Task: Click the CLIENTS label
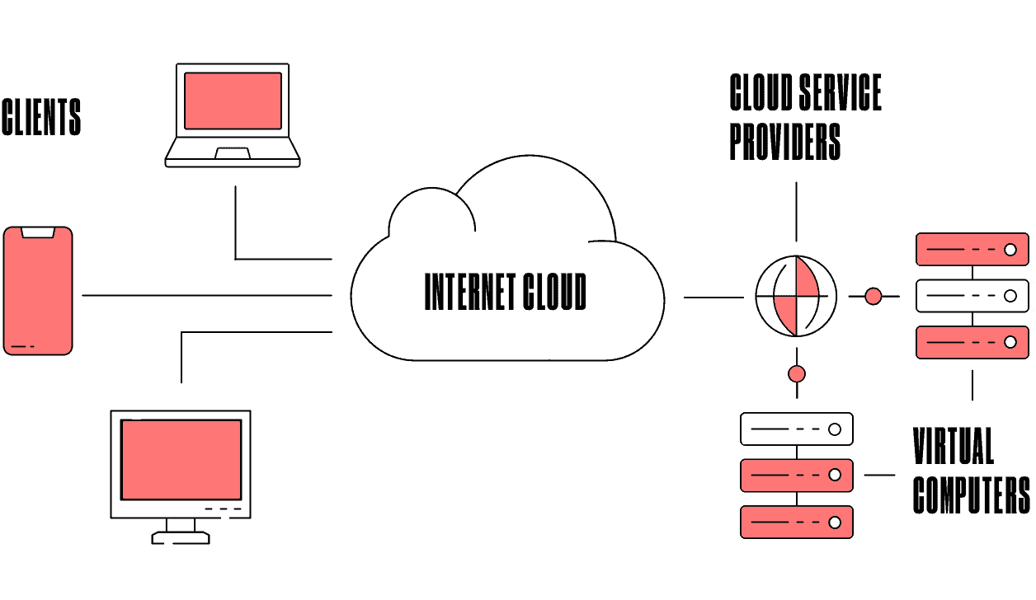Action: (41, 117)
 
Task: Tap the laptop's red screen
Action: (233, 101)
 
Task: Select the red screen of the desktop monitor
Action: (181, 460)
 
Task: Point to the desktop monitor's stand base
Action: (181, 537)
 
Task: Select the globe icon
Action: (796, 295)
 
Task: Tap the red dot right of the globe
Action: (873, 296)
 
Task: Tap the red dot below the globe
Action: (796, 374)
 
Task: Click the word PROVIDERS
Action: (784, 142)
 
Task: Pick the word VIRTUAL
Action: (953, 447)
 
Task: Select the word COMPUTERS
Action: (971, 495)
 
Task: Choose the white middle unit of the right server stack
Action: (972, 296)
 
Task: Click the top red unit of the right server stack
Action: (972, 249)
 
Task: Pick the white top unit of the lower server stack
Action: (796, 429)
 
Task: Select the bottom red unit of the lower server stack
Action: (796, 523)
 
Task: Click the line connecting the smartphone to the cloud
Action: (206, 295)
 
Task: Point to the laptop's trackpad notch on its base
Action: (233, 153)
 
